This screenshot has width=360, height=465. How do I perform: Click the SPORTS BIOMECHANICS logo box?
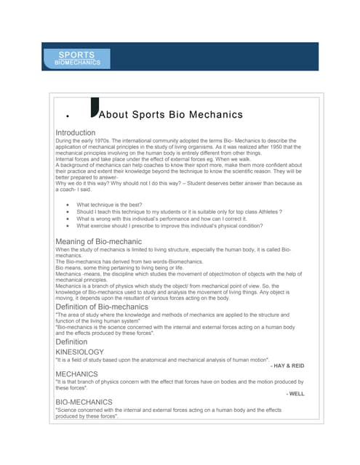pos(77,59)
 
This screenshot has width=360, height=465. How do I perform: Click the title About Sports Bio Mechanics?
pos(170,115)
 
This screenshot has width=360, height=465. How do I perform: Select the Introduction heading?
pos(75,133)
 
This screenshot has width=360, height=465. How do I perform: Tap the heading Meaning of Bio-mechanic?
pos(98,241)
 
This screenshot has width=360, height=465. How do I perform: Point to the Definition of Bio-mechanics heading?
pos(101,307)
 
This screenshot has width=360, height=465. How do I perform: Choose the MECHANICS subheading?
pos(76,374)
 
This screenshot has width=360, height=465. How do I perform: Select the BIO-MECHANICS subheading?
pos(84,402)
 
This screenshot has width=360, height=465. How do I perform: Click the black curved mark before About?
pos(92,108)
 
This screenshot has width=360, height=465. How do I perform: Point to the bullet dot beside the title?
pos(66,116)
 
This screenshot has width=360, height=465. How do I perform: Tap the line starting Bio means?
pos(120,267)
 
